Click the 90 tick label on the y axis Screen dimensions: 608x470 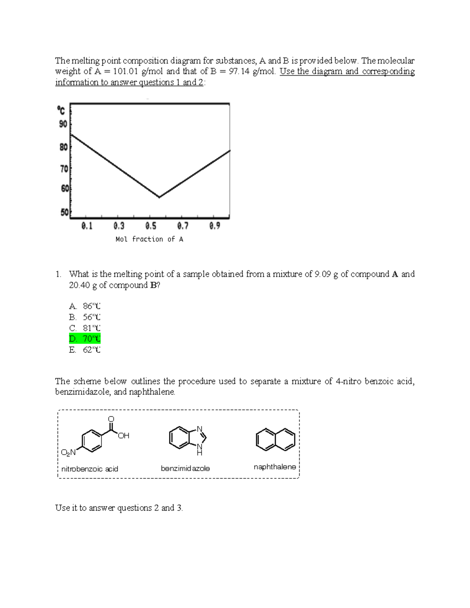tap(63, 124)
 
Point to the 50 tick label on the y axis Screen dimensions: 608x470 tap(64, 213)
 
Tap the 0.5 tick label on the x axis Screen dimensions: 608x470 tap(151, 226)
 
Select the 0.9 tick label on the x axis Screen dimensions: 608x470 tap(215, 226)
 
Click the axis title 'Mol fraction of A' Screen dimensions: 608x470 tap(149, 239)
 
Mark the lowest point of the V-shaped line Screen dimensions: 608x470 tap(159, 197)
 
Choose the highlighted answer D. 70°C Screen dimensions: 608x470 tap(85, 339)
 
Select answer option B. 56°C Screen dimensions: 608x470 tap(85, 317)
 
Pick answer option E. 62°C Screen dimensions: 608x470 tap(85, 350)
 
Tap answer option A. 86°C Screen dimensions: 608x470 tap(85, 306)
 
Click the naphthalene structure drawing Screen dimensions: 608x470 tap(275, 439)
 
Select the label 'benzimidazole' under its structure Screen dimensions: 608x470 tap(185, 469)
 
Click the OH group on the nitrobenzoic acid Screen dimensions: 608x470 tap(123, 436)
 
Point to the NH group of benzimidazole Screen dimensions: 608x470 tap(200, 450)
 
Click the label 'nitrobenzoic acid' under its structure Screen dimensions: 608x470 tap(90, 469)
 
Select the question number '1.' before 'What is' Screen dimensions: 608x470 tap(58, 274)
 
